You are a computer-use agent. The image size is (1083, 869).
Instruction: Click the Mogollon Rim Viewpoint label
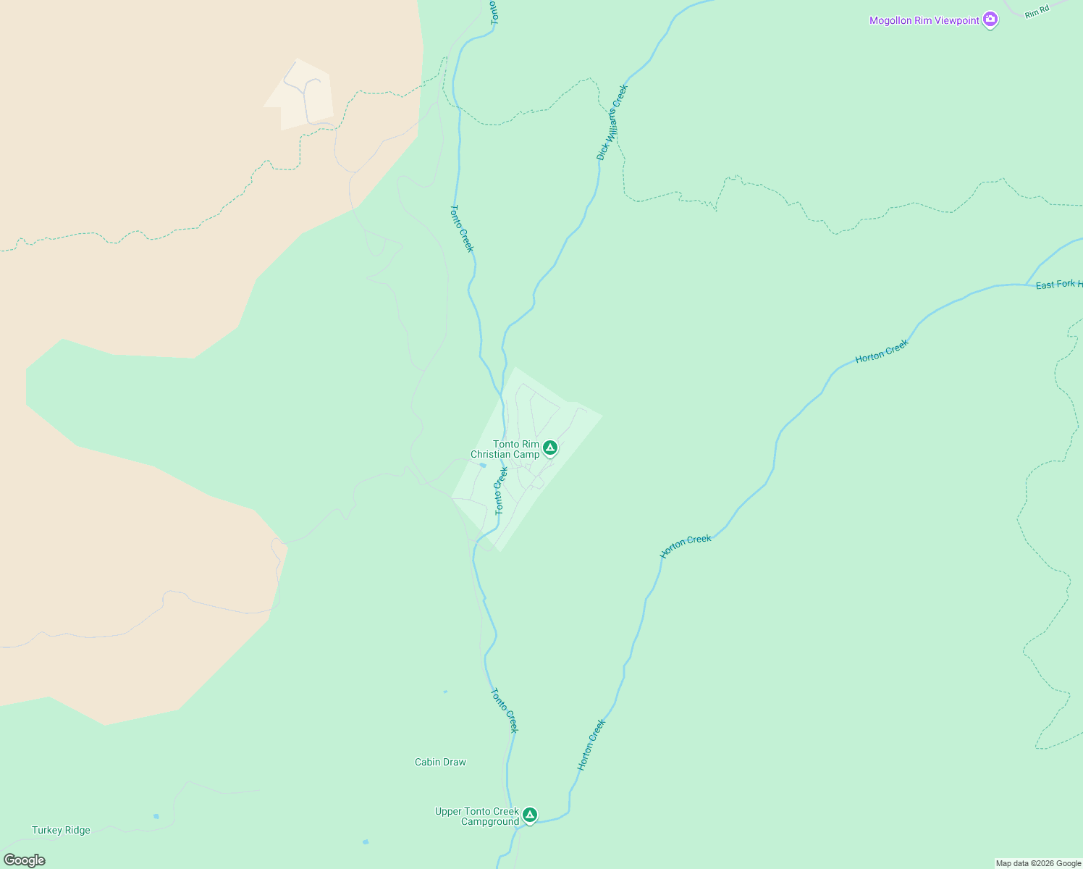click(x=924, y=21)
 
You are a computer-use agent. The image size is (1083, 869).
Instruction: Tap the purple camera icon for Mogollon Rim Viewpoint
click(x=990, y=20)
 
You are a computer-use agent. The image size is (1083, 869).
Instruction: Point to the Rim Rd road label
click(x=1037, y=11)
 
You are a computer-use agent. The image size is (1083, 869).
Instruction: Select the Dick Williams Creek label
click(x=612, y=122)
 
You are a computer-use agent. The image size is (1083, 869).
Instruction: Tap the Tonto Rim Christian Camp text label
click(x=505, y=450)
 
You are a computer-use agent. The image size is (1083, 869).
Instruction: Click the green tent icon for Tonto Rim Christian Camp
click(x=550, y=448)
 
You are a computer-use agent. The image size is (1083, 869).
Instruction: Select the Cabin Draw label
click(x=440, y=762)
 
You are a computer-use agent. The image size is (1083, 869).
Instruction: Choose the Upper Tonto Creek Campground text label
click(x=477, y=816)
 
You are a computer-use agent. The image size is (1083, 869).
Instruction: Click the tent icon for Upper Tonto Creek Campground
click(x=530, y=815)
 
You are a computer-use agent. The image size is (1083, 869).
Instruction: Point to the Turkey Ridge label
click(x=61, y=830)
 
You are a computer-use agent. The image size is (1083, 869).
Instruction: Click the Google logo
click(x=24, y=860)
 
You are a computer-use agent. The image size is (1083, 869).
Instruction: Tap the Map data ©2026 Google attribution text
click(x=1038, y=863)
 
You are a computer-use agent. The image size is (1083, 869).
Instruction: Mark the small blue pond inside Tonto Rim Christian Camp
click(x=482, y=465)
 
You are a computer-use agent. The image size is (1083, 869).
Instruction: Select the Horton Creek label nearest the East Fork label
click(x=881, y=351)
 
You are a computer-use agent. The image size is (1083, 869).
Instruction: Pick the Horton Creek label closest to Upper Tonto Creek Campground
click(x=591, y=744)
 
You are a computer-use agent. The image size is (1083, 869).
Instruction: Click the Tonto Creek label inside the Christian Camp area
click(x=501, y=491)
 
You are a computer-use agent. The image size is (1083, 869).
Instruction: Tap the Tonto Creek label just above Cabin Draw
click(x=505, y=710)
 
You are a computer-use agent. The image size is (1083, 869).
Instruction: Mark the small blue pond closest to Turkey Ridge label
click(x=156, y=816)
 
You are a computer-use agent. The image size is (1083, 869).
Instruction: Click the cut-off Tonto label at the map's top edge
click(x=494, y=12)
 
